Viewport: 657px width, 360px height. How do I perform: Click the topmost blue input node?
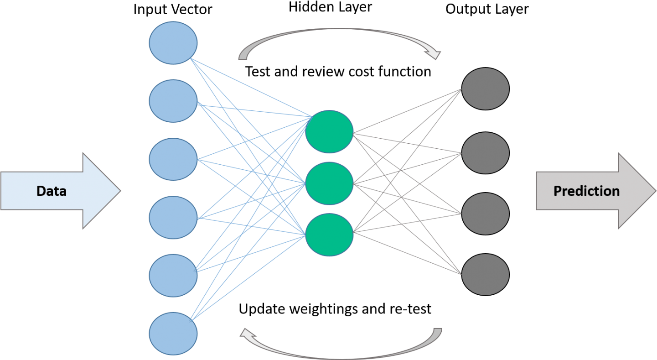coord(173,42)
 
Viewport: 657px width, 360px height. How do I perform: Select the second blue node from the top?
coord(173,101)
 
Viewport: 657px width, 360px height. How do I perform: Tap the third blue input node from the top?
coord(173,159)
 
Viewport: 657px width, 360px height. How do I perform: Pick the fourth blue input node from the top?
coord(173,218)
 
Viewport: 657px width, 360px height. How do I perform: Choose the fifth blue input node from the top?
coord(173,276)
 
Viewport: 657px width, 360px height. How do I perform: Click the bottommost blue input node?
coord(173,333)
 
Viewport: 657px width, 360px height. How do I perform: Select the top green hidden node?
coord(329,132)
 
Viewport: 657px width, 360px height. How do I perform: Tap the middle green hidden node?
coord(329,183)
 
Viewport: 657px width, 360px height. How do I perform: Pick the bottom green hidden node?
coord(329,235)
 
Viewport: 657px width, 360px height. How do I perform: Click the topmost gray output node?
coord(486,89)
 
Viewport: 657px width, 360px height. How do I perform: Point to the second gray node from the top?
coord(486,153)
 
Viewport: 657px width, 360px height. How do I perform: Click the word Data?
coord(52,191)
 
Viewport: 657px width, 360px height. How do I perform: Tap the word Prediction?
coord(586,191)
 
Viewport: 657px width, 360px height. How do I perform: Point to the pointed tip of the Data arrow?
coord(120,191)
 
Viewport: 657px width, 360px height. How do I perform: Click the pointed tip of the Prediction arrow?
coord(655,191)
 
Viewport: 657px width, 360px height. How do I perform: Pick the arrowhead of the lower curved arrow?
coord(245,334)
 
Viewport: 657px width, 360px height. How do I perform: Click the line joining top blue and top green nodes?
coord(251,88)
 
